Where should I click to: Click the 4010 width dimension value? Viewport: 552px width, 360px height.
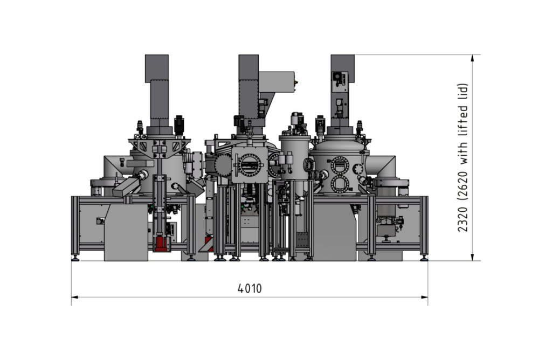tap(250, 288)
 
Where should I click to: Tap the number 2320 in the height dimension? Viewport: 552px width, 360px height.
tap(463, 219)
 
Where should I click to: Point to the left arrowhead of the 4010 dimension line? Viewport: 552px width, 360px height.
tap(74, 297)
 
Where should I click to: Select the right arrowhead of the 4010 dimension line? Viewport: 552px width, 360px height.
tap(425, 297)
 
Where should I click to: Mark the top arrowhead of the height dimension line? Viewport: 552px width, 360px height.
tap(472, 58)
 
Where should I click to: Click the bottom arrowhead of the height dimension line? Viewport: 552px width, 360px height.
tap(472, 257)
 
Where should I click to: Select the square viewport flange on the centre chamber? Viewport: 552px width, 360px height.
tap(250, 165)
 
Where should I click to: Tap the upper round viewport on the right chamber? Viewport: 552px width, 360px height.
tap(340, 165)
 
